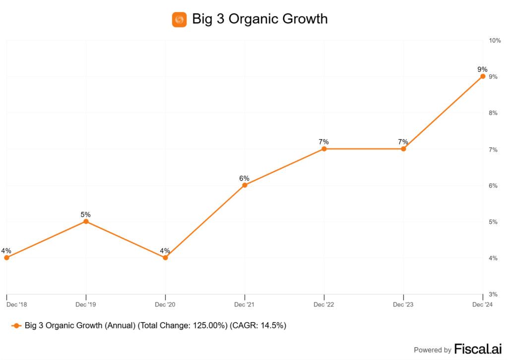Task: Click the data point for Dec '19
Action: click(x=86, y=221)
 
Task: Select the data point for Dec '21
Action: click(x=245, y=185)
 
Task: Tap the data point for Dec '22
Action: click(x=324, y=149)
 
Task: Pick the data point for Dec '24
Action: click(x=483, y=76)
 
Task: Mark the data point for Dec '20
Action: click(x=165, y=258)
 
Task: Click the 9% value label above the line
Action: click(x=483, y=69)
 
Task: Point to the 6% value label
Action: click(x=244, y=178)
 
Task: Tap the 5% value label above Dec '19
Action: click(x=86, y=215)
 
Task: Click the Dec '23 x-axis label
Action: click(x=403, y=304)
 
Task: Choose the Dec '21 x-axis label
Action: click(x=245, y=304)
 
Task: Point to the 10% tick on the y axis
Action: click(x=495, y=40)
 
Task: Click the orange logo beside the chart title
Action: click(x=179, y=19)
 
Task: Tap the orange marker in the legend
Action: click(x=16, y=326)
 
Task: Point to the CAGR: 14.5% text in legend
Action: click(x=259, y=326)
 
